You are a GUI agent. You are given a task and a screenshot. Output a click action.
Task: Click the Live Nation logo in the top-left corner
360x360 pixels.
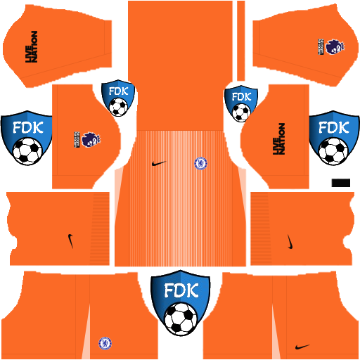click(31, 47)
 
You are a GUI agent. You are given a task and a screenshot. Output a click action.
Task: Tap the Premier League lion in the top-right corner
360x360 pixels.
click(330, 46)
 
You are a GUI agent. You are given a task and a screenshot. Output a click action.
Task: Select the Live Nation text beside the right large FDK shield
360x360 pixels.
click(279, 138)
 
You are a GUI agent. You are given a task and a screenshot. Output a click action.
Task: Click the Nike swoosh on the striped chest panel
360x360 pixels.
click(160, 164)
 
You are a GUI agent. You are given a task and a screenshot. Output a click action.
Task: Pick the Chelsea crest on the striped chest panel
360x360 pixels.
click(200, 164)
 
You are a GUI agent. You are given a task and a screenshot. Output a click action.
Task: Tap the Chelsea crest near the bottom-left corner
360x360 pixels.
click(105, 343)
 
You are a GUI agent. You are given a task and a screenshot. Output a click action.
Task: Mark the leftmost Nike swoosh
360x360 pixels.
click(71, 241)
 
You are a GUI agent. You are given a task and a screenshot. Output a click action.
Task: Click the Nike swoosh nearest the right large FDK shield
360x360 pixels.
click(289, 241)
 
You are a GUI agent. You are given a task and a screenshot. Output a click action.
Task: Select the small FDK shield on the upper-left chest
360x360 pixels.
click(118, 99)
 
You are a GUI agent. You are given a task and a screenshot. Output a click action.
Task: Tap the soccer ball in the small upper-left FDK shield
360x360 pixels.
click(118, 107)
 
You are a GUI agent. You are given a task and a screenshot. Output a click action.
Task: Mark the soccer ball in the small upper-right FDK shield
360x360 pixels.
click(242, 112)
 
